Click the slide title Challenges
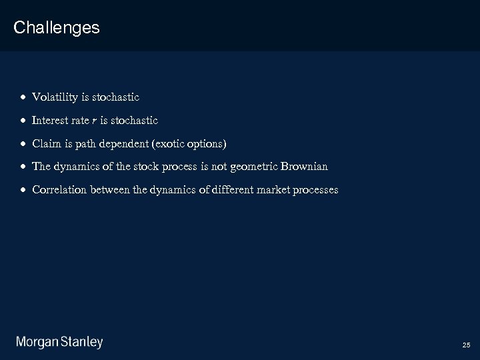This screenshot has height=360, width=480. click(56, 28)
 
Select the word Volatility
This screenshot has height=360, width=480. click(55, 97)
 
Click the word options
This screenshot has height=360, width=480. click(207, 143)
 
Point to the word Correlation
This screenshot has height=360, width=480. click(59, 190)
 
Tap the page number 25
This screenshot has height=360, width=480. click(465, 345)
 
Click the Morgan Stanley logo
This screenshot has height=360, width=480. click(59, 343)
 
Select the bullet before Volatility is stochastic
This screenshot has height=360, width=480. click(23, 98)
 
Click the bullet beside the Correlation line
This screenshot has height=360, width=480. click(23, 191)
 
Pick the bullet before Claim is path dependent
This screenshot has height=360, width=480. click(23, 144)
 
